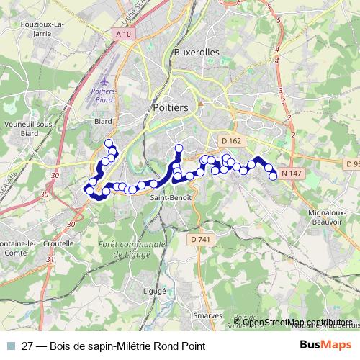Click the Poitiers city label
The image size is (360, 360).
(171, 107)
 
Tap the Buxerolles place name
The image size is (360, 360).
(197, 53)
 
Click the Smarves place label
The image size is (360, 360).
(207, 316)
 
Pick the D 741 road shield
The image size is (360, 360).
(202, 239)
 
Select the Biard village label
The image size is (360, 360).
(104, 122)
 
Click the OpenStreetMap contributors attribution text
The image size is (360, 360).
(292, 323)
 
